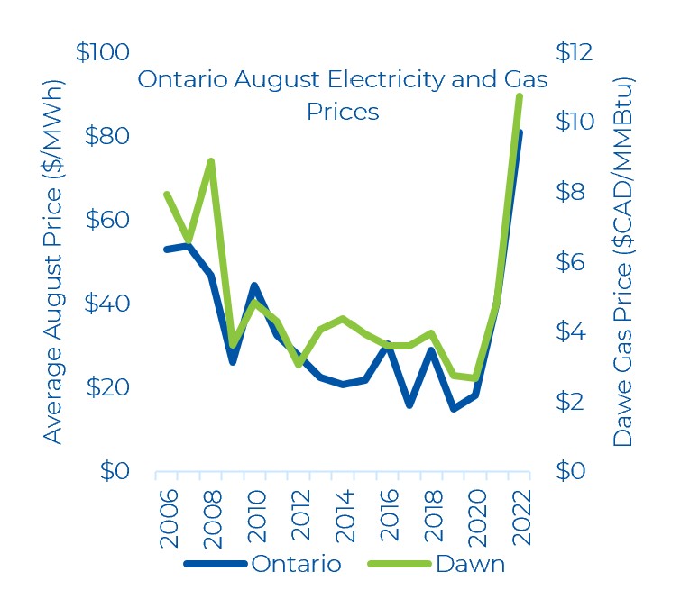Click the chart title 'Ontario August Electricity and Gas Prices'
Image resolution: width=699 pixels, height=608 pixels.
pyautogui.click(x=342, y=95)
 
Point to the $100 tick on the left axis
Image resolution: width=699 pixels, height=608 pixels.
pyautogui.click(x=103, y=52)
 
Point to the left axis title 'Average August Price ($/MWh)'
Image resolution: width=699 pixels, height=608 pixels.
pyautogui.click(x=53, y=261)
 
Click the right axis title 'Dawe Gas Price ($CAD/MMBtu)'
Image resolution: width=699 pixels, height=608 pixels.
pyautogui.click(x=622, y=261)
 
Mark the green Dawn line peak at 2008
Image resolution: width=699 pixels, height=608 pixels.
pyautogui.click(x=210, y=161)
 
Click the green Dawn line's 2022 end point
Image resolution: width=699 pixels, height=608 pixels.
pyautogui.click(x=519, y=96)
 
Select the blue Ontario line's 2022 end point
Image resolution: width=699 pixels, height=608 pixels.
pyautogui.click(x=519, y=133)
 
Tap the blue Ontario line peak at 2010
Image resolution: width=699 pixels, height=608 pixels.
pyautogui.click(x=254, y=286)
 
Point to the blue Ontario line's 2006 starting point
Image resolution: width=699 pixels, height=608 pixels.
pyautogui.click(x=167, y=249)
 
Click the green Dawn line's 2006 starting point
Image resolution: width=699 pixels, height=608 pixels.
pyautogui.click(x=167, y=194)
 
